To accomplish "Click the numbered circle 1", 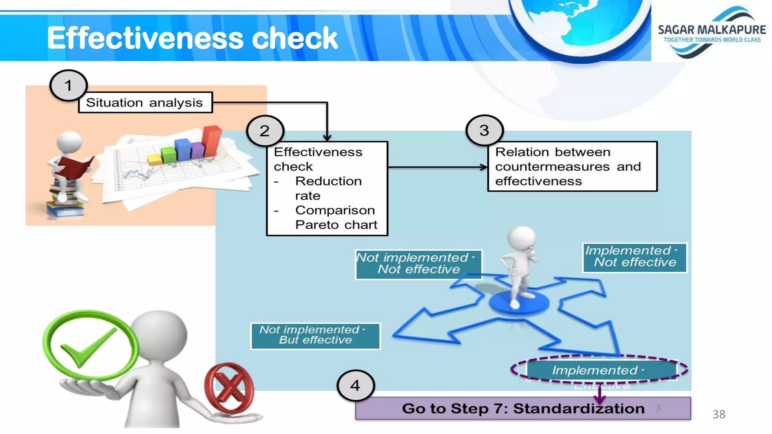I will [x=68, y=86].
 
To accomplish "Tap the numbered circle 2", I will [x=265, y=131].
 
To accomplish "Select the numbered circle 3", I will [x=484, y=131].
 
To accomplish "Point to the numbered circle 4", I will [x=355, y=386].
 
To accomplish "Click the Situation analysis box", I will [x=145, y=102].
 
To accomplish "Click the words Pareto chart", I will [x=336, y=225].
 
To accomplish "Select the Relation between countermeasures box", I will [x=572, y=167].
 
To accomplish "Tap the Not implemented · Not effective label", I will [x=418, y=264].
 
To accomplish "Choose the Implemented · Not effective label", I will [x=634, y=257].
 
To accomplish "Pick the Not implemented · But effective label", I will [x=315, y=335].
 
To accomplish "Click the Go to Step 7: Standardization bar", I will [x=522, y=408].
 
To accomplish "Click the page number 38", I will [x=718, y=414].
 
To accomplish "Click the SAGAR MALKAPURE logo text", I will [x=712, y=30].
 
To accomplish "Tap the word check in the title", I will [x=294, y=38].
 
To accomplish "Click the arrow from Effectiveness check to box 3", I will [x=437, y=167].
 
